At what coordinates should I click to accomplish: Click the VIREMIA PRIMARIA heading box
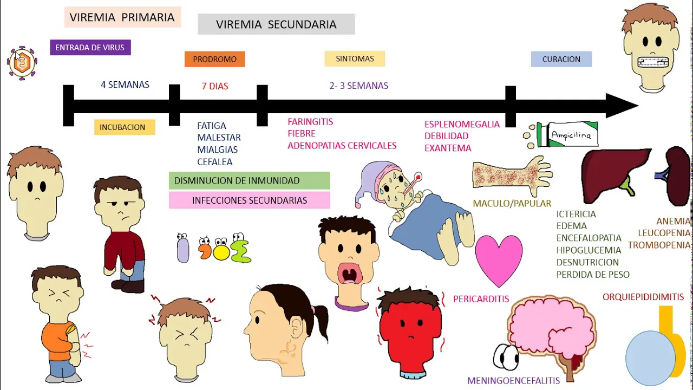123,17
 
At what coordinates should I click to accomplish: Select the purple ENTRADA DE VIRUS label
90,47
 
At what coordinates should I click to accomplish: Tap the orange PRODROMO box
215,59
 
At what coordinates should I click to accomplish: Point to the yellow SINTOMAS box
355,58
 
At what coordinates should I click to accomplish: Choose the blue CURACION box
561,59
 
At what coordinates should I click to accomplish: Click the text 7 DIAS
215,86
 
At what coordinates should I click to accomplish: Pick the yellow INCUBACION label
125,127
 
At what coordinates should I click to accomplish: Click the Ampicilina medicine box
568,135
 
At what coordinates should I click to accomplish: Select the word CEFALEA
215,162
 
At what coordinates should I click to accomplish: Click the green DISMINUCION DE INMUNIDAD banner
250,180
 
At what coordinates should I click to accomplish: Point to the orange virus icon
22,63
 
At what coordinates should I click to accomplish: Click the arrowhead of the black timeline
622,106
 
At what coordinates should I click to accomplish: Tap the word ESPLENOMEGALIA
462,125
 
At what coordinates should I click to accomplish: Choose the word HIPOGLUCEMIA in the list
589,250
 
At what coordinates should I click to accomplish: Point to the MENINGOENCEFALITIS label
514,381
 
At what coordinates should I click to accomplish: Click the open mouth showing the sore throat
350,274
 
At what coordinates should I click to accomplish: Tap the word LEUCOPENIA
664,233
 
